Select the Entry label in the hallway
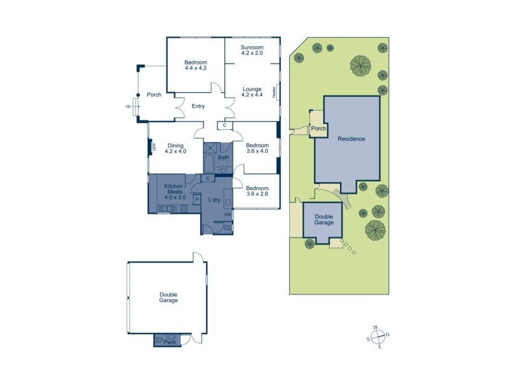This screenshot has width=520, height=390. [x=198, y=106]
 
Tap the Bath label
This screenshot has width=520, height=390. [x=224, y=157]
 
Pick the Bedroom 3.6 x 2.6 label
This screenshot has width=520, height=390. [x=257, y=190]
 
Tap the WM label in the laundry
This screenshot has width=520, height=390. [x=227, y=214]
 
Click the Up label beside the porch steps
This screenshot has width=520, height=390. [x=128, y=106]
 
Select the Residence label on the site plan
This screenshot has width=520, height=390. [x=351, y=138]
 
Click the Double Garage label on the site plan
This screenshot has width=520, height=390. [x=324, y=220]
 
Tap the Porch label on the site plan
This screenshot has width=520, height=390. [x=318, y=129]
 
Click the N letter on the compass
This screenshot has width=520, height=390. [x=388, y=335]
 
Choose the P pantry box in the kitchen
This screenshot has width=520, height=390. [x=197, y=199]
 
